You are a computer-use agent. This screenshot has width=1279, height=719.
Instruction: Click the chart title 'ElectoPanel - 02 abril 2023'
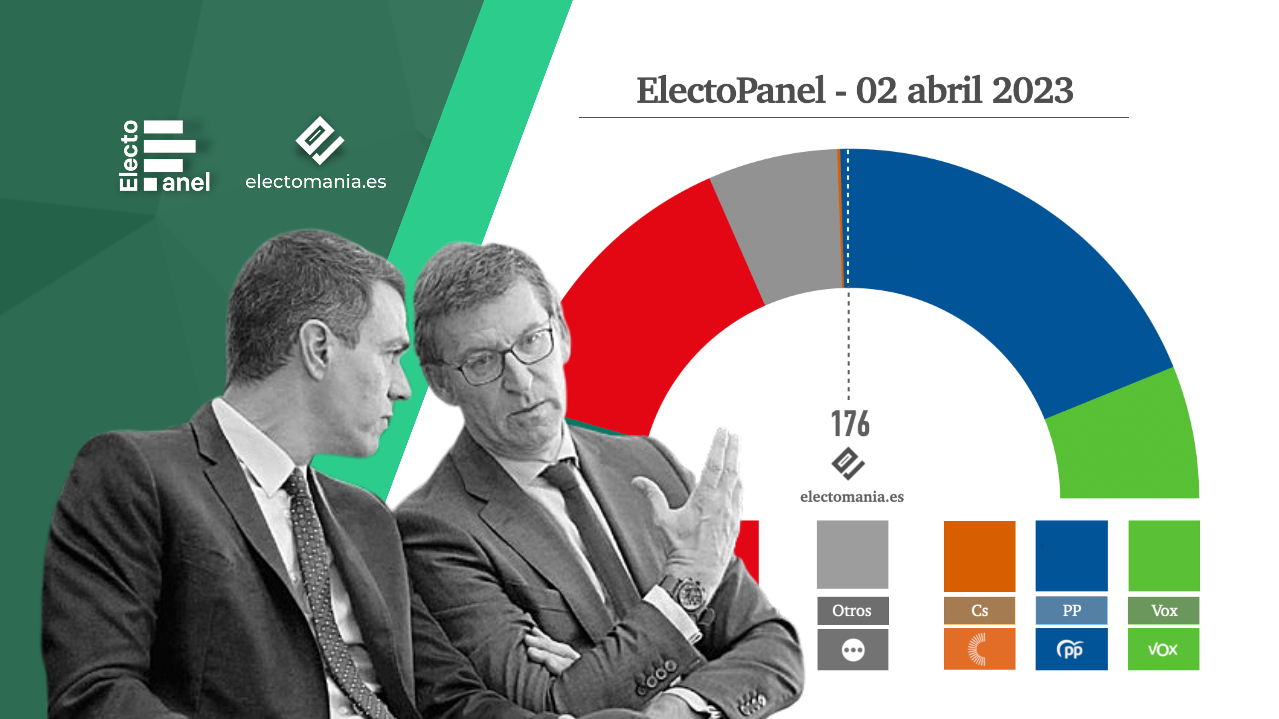[x=855, y=91]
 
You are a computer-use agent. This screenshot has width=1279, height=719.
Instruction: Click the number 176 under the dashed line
[x=850, y=424]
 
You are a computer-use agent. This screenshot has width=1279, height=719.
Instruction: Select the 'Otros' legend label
[x=852, y=610]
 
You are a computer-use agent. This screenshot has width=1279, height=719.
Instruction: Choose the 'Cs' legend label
[x=980, y=610]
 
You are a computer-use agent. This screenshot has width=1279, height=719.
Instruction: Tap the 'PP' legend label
[x=1072, y=610]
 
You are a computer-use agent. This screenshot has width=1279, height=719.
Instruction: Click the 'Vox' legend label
[x=1164, y=610]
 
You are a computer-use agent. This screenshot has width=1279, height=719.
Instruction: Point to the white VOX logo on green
[x=1163, y=649]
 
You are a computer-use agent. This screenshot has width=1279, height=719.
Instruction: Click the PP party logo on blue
[x=1070, y=649]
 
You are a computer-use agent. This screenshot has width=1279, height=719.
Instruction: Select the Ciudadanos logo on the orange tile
[x=976, y=649]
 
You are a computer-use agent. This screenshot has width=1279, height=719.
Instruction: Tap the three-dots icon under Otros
[x=853, y=650]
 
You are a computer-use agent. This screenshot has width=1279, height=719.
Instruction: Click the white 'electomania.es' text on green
[x=316, y=182]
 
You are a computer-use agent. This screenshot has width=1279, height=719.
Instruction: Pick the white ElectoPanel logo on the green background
[x=164, y=155]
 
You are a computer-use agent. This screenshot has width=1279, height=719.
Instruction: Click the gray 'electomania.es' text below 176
[x=852, y=497]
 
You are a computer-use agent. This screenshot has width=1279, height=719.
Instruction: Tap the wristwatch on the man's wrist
[x=687, y=594]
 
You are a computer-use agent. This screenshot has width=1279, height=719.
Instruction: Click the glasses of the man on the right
[x=502, y=355]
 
